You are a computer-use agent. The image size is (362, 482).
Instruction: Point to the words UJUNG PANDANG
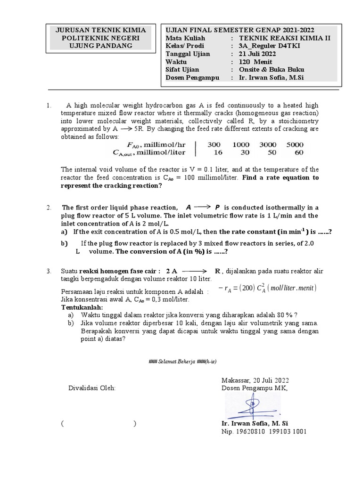101,46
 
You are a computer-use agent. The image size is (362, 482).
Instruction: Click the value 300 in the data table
214,145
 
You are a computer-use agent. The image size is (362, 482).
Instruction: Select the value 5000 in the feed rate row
295,145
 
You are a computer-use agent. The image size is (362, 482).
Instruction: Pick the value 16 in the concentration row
218,153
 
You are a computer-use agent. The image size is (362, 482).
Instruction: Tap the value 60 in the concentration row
299,153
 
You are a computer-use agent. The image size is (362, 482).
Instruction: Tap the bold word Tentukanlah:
82,307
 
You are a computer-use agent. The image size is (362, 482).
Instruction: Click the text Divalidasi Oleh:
91,388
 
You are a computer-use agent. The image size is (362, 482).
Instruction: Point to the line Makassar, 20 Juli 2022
255,380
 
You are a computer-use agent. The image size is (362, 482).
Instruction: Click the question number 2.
49,208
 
